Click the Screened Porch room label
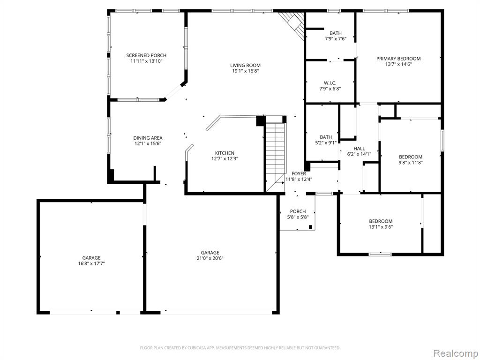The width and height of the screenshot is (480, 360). [146, 55]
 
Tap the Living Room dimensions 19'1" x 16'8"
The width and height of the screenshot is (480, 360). [246, 71]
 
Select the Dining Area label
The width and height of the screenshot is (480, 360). [148, 138]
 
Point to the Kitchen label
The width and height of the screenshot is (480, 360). [225, 153]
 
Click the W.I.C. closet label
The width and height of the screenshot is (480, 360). [330, 83]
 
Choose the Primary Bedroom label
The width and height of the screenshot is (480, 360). [398, 59]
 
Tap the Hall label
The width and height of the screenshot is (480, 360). [359, 149]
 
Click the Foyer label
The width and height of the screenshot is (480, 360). [299, 173]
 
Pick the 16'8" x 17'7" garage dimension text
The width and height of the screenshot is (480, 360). [91, 263]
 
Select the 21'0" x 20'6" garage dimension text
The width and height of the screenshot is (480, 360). [210, 258]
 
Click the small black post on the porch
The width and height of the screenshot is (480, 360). [310, 227]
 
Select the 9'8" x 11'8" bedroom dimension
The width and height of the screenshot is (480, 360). [411, 163]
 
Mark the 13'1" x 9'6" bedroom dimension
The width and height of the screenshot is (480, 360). [381, 227]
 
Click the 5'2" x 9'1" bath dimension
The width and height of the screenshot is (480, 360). [326, 142]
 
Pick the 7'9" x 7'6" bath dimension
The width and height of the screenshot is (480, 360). [336, 39]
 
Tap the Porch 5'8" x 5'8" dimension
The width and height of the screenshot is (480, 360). [298, 217]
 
